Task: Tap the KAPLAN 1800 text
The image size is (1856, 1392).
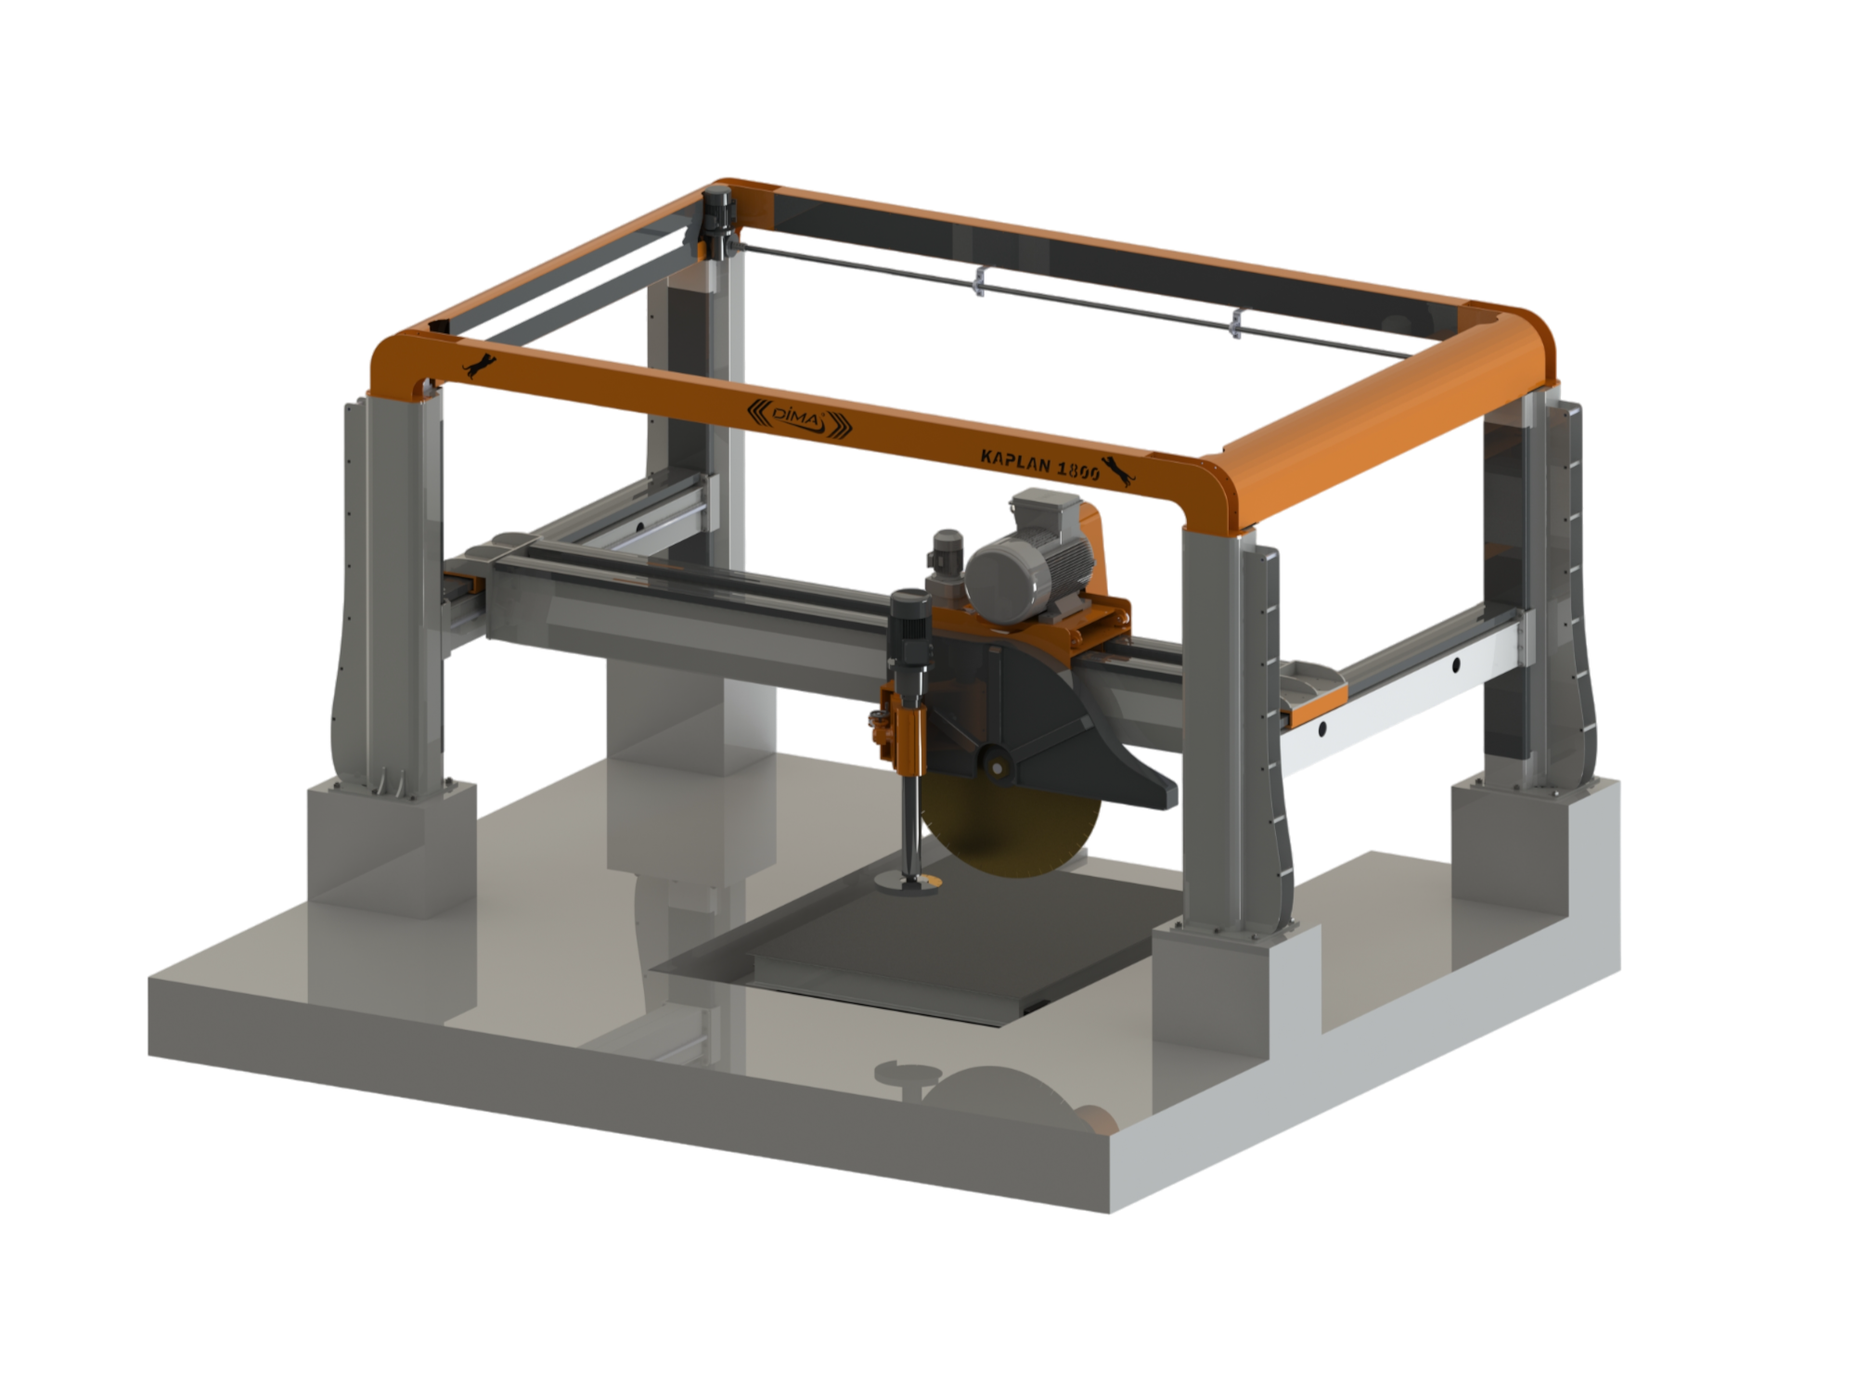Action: coord(1040,462)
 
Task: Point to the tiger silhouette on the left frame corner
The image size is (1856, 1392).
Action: coord(480,367)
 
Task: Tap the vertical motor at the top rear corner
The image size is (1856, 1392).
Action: coord(717,223)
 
